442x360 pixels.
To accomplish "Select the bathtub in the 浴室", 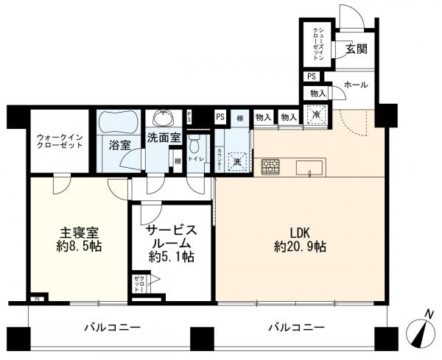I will (119, 121).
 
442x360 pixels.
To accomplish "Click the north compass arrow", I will (423, 333).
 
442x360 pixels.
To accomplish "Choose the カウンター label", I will (220, 160).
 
